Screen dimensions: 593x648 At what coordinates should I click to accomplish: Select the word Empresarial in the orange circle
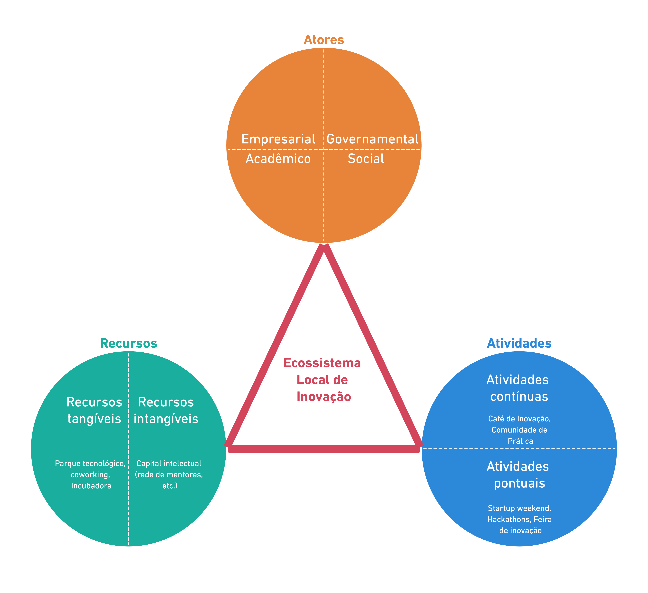tap(278, 139)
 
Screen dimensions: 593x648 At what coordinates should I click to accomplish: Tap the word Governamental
tap(372, 139)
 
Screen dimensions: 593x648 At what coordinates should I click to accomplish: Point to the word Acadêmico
tap(278, 159)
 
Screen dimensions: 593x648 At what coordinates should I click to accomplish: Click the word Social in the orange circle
tap(366, 159)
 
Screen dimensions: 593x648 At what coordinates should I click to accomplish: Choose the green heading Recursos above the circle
tap(129, 344)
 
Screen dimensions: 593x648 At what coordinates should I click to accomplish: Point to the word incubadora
tap(91, 486)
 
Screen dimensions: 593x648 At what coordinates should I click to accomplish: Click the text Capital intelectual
tap(169, 464)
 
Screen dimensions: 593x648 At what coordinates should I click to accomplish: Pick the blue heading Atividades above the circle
tap(519, 344)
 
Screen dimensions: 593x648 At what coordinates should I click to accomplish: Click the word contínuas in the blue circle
tap(519, 397)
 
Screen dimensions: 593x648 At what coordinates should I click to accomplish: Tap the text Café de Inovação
tap(519, 419)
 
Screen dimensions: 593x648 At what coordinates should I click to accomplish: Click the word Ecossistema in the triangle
tap(322, 363)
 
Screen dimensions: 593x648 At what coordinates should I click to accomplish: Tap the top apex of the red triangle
tap(324, 247)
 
